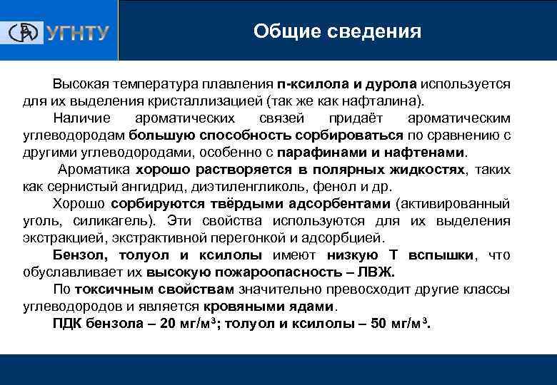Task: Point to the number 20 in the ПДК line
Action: (169, 324)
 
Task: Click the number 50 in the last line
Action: (379, 324)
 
